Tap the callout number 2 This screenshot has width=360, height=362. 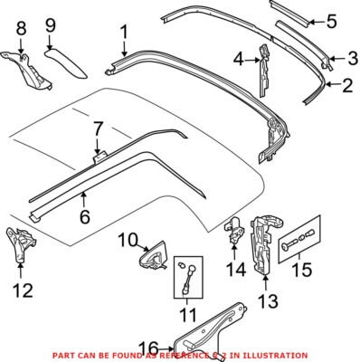[345, 87]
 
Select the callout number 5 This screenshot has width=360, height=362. [332, 18]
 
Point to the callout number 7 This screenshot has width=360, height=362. [97, 133]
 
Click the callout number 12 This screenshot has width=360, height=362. [23, 290]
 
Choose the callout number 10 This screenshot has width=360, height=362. [128, 240]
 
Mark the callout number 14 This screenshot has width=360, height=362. [235, 268]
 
